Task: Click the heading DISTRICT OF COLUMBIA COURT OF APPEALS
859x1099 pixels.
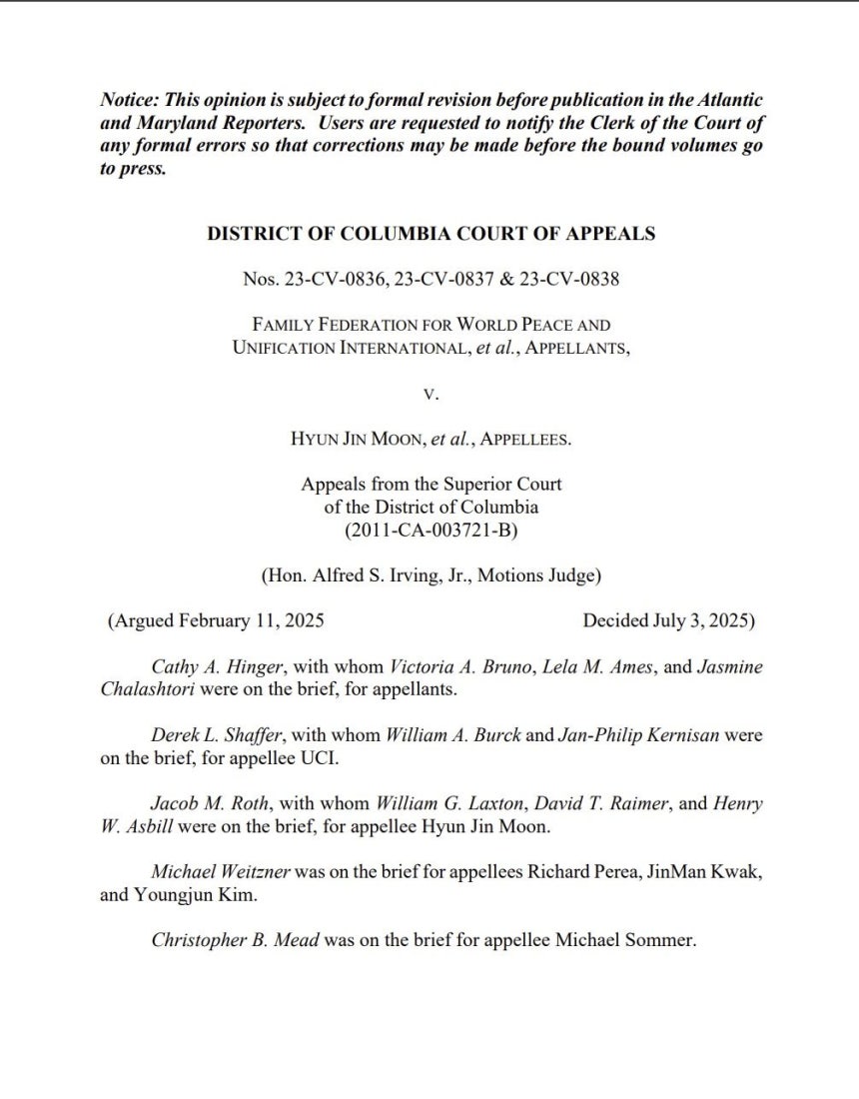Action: point(430,234)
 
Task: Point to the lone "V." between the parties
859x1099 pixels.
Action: point(430,394)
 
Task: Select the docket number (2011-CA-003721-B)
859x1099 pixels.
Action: point(430,530)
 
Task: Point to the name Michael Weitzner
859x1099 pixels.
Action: point(221,871)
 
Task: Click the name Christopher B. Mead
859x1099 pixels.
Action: point(235,939)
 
